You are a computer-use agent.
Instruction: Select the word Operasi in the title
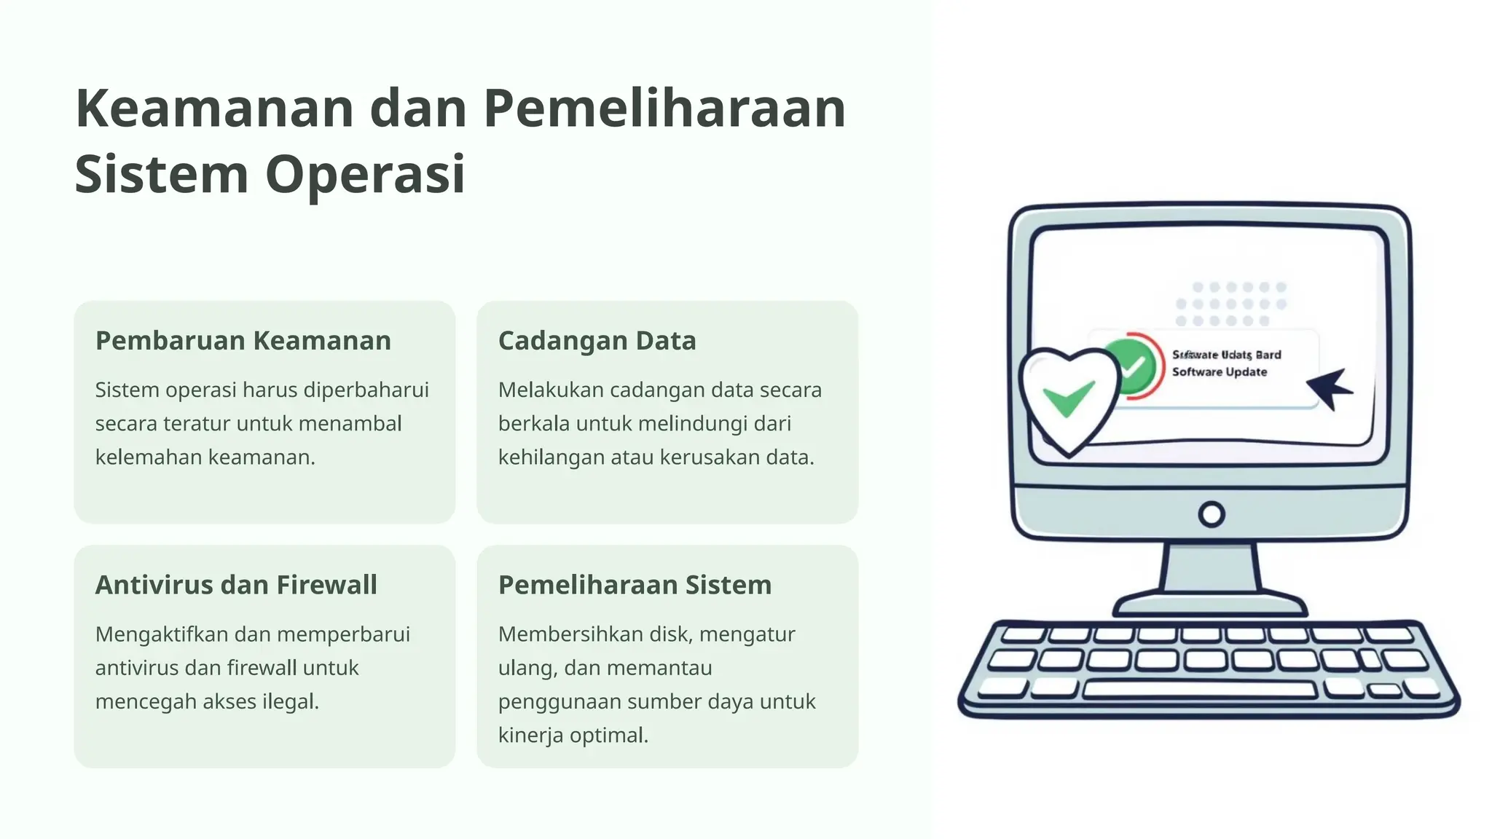click(x=364, y=175)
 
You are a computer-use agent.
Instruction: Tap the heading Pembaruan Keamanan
click(x=243, y=340)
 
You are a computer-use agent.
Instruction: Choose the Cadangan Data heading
click(x=597, y=340)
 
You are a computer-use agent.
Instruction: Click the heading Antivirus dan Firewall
click(x=236, y=585)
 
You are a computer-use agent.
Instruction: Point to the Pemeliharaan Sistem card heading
click(x=635, y=585)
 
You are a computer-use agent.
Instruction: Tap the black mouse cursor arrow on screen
click(x=1330, y=387)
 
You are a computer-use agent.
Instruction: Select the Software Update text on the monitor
click(x=1220, y=372)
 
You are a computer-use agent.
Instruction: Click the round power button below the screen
click(x=1211, y=515)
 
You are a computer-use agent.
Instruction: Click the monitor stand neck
click(x=1211, y=568)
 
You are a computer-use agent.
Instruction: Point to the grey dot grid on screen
click(x=1230, y=304)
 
